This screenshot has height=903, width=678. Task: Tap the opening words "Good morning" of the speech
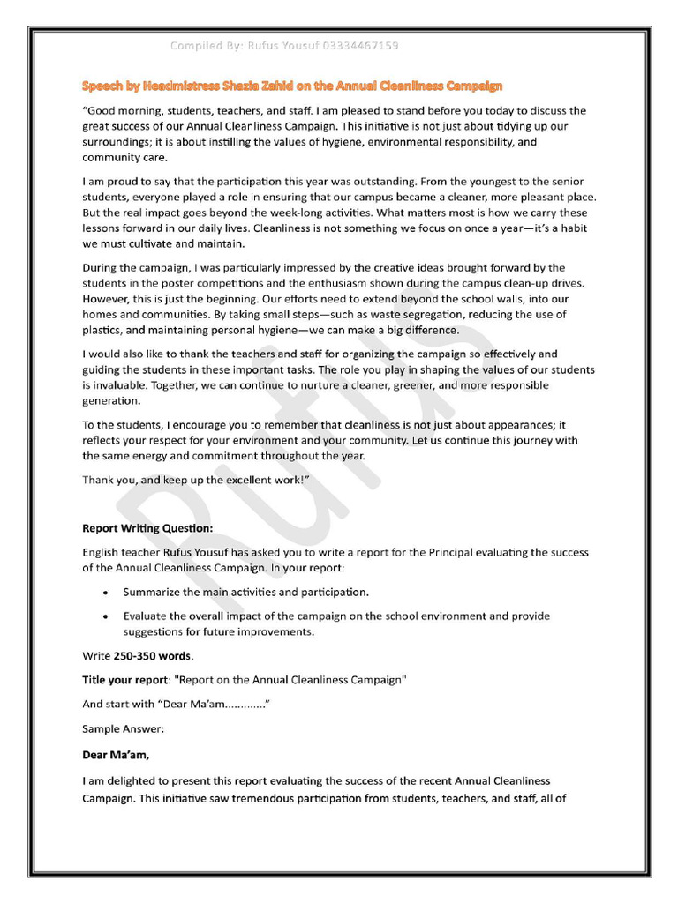click(x=118, y=111)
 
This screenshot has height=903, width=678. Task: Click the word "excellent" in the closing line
click(x=230, y=480)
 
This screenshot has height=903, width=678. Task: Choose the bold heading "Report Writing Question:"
click(x=147, y=529)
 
